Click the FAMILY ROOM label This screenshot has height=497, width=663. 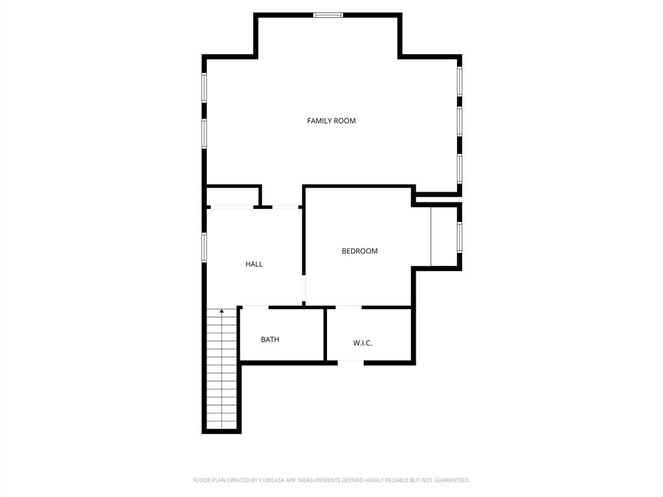point(331,121)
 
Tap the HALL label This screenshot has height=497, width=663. point(254,264)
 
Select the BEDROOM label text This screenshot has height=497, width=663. point(359,251)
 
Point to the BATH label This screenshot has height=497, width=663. point(270,340)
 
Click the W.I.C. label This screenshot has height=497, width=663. point(363,343)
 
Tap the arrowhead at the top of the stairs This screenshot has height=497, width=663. point(221,311)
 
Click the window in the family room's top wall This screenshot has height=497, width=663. point(328,15)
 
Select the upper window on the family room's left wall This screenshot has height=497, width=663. point(204,87)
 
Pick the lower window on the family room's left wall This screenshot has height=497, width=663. point(204,134)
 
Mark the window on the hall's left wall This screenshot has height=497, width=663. point(204,247)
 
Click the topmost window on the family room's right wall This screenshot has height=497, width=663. point(460,82)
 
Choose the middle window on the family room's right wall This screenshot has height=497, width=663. point(460,121)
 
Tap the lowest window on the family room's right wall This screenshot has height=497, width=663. point(460,168)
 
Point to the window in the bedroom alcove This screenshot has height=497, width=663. point(460,237)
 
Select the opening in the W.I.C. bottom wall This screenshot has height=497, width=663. point(350,363)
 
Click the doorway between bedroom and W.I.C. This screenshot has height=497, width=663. point(348,307)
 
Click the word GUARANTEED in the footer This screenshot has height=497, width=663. point(448,480)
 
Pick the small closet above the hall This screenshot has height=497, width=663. point(232,196)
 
